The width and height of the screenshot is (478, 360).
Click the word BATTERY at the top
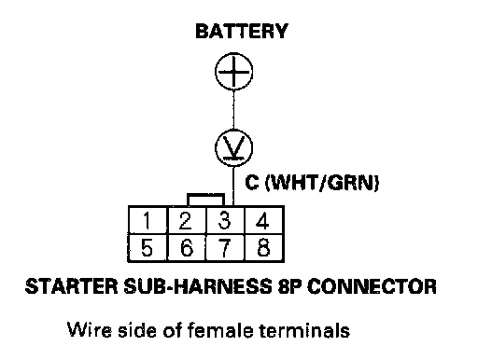tap(242, 31)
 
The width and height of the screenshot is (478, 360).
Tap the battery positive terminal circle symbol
tap(233, 72)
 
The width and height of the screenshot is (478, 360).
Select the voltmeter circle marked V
tap(233, 147)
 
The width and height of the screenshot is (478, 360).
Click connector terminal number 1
tap(148, 220)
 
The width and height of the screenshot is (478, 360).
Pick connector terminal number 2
tap(187, 220)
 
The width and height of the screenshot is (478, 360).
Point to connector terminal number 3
tap(225, 220)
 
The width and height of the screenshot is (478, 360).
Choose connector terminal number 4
tap(264, 220)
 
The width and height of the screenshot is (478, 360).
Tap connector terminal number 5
tap(148, 247)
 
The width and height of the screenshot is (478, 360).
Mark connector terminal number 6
tap(187, 247)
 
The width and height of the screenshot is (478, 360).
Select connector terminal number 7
tap(225, 247)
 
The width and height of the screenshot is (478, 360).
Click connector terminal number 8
tap(264, 247)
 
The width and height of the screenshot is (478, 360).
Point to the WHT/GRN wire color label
tap(322, 183)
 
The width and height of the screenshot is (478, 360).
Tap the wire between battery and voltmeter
tap(233, 109)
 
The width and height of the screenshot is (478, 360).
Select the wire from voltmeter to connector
tap(233, 187)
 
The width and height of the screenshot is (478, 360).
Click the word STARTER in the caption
tap(71, 286)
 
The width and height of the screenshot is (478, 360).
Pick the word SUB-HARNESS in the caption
tap(197, 286)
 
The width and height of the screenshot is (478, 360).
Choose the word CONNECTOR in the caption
tap(372, 286)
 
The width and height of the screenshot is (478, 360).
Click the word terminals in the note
tap(304, 330)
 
